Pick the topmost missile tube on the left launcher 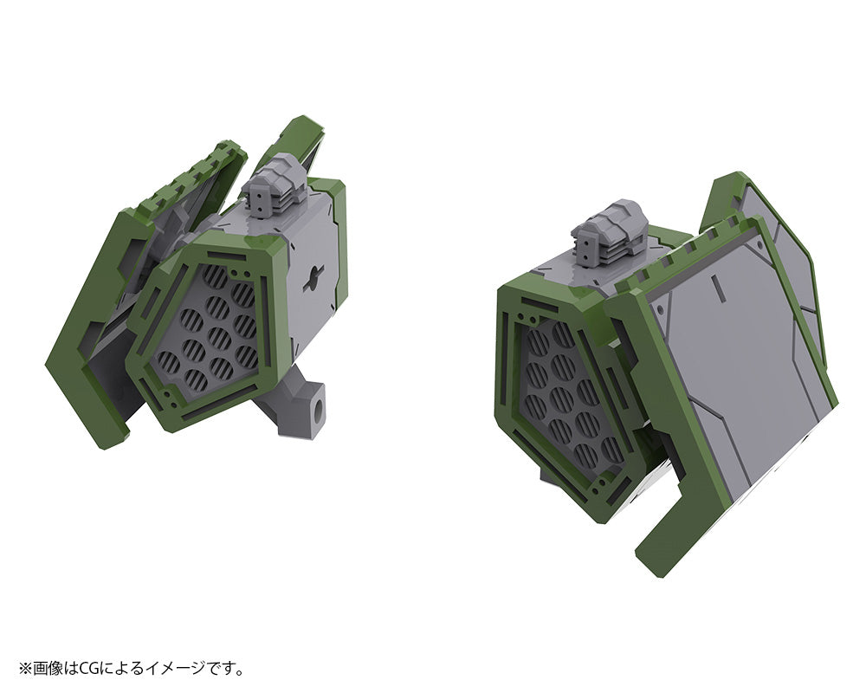point(215,279)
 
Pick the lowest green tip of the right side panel point(649,563)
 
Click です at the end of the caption point(223,668)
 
